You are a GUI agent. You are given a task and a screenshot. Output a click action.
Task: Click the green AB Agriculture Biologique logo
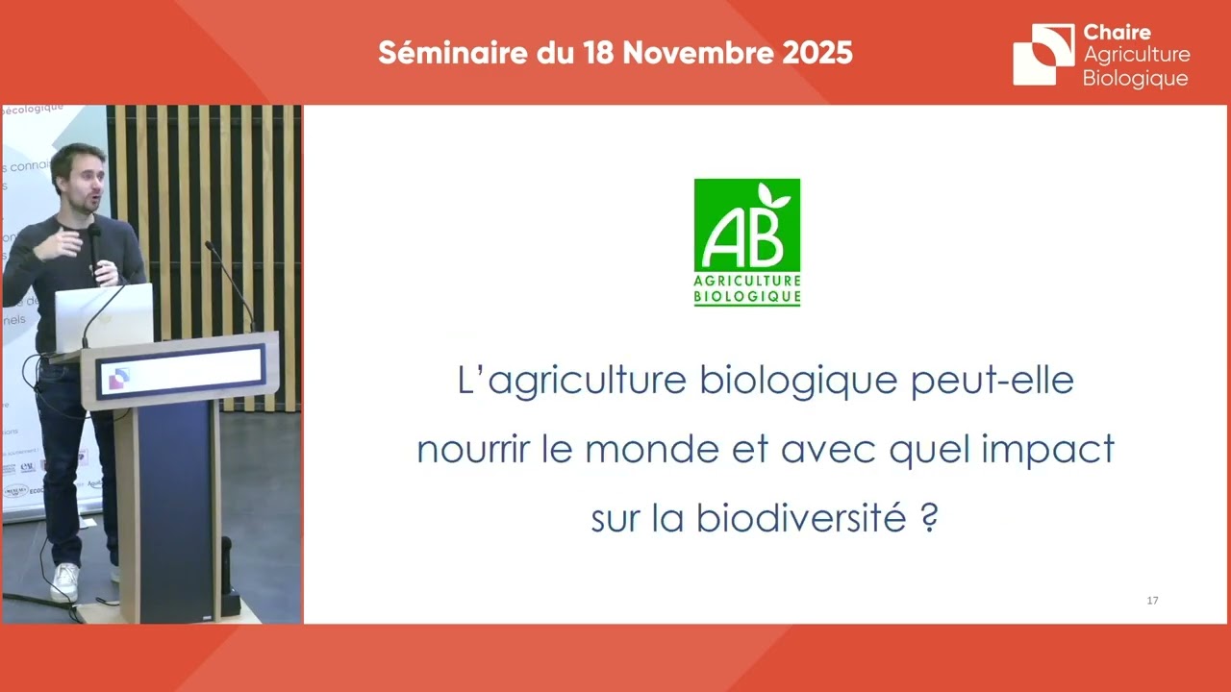coord(747,241)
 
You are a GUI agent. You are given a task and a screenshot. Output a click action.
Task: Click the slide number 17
coord(1152,601)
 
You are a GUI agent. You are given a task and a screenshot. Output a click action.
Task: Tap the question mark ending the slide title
coord(929,519)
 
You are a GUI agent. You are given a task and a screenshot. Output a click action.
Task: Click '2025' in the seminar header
coord(816,53)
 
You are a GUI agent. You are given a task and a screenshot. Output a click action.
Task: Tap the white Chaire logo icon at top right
coord(1043,54)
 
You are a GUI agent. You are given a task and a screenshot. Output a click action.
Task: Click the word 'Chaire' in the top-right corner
coord(1117,33)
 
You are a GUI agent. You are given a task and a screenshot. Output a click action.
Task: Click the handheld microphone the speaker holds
coord(95,246)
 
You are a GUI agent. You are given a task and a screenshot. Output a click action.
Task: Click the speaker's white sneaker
coord(64,581)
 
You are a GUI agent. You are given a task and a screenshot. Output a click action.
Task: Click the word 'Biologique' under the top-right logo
coord(1135,79)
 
